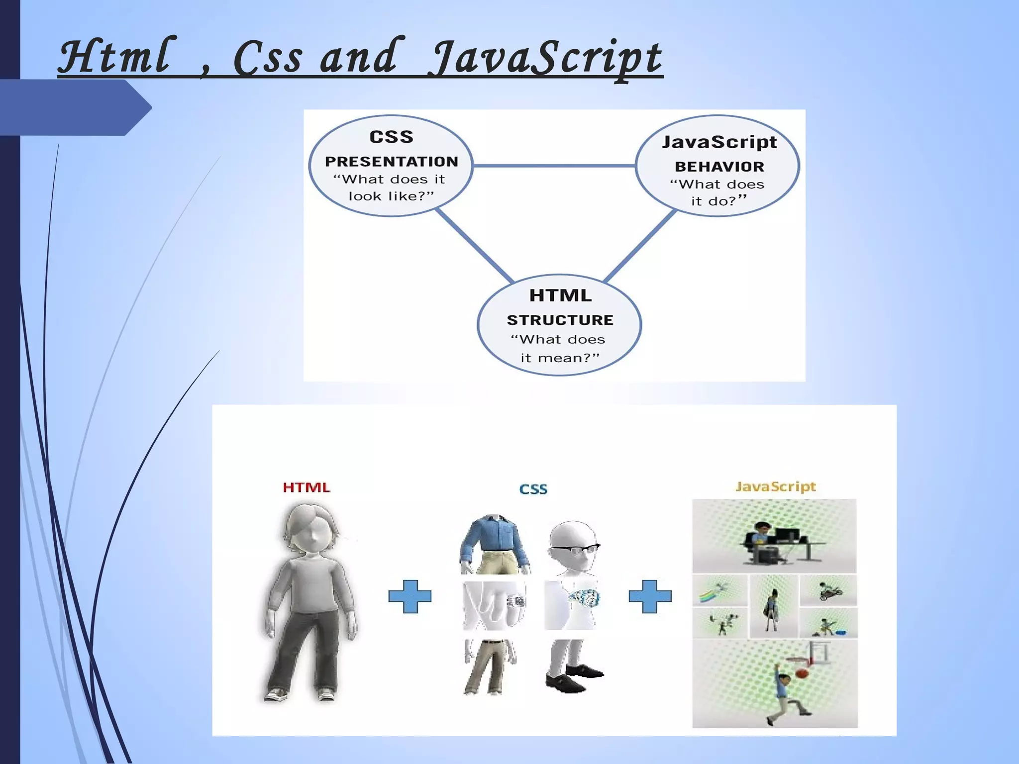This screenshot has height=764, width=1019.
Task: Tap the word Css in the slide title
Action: coord(268,58)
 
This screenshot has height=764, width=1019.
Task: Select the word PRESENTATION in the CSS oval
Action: coord(391,162)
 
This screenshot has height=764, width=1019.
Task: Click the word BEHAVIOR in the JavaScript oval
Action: coord(719,167)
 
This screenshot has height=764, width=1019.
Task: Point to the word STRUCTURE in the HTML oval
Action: coord(560,320)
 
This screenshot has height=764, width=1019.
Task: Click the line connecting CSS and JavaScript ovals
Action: coord(554,165)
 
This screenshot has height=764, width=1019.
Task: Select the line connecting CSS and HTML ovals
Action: coord(474,244)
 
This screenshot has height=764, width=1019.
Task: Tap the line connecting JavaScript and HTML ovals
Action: coord(641,244)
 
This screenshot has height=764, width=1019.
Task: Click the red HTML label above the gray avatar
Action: coord(306,487)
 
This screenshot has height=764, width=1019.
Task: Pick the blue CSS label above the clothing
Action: coord(533,489)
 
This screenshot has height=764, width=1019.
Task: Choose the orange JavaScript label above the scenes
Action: coord(775,486)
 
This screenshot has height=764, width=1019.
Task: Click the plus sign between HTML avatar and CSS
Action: coord(409,596)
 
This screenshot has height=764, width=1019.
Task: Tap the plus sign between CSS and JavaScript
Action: coord(650,596)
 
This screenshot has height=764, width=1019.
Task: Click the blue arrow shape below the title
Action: coord(75,107)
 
